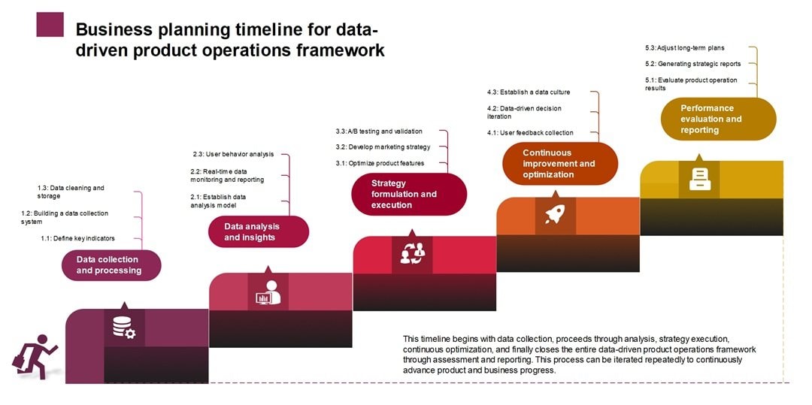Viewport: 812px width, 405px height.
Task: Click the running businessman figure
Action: pos(34,358)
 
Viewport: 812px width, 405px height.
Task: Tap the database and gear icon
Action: pos(123,328)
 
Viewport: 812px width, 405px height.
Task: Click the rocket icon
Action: pos(555,215)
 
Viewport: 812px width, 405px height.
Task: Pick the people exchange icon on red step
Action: pos(412,255)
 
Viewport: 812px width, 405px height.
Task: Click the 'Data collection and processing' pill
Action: pos(111,265)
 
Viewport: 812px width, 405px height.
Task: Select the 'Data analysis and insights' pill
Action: pos(258,232)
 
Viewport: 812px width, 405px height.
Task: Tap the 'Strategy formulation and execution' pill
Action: pos(408,194)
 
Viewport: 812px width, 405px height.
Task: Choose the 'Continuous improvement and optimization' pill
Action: pos(559,164)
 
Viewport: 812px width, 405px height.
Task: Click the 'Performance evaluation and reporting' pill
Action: pos(717,119)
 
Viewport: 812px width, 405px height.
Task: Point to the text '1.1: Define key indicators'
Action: pos(78,238)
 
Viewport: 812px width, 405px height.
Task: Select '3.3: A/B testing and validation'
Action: pos(379,131)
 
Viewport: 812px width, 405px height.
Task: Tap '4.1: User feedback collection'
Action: pos(530,133)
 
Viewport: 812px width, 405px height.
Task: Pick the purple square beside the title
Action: pos(50,24)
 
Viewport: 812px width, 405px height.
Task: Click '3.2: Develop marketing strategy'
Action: pos(383,147)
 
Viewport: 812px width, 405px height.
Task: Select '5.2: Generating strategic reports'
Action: pos(692,64)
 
